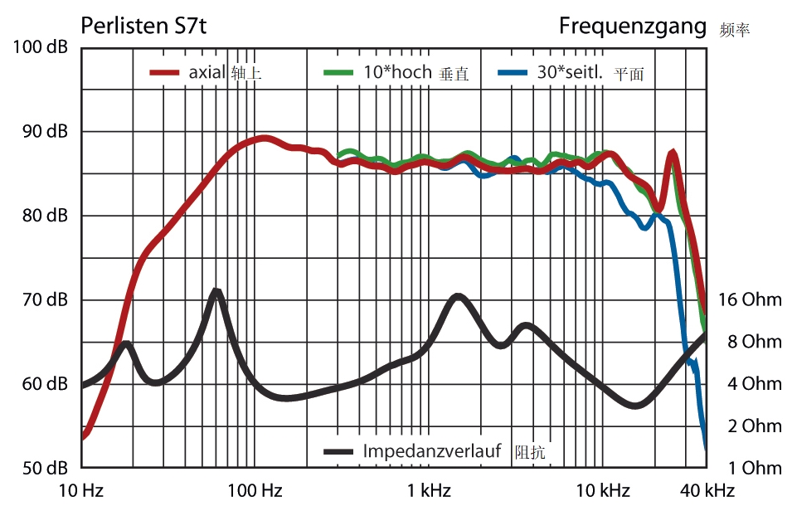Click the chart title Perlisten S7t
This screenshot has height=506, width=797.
(143, 26)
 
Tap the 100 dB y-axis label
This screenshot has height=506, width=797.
(41, 47)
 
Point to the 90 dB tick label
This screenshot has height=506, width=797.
(45, 132)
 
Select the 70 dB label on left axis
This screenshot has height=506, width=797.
(45, 300)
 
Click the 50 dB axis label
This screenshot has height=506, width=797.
(45, 468)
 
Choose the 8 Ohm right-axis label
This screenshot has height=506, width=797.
(754, 342)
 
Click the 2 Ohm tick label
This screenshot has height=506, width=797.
(754, 426)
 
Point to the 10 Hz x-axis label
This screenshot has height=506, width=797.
(81, 491)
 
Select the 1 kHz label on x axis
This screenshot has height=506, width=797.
(429, 491)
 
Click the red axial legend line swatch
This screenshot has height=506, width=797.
(165, 73)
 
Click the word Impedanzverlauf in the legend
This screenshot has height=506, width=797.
(432, 451)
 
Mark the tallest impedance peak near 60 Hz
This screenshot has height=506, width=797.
(216, 291)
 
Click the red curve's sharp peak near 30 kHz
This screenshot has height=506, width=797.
(673, 153)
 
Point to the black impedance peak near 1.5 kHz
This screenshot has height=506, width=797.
(456, 296)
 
